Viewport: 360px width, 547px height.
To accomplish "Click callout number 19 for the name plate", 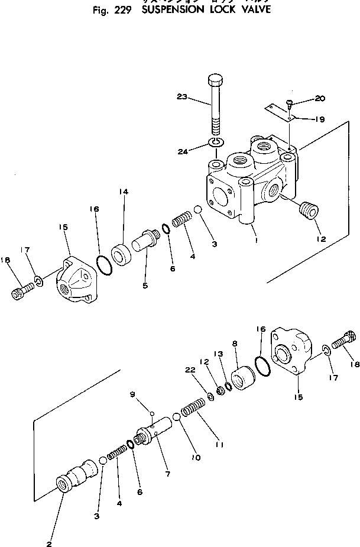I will tap(319, 119).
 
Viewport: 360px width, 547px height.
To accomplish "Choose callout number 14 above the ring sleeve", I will tap(123, 192).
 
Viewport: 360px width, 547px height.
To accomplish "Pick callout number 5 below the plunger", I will tap(145, 285).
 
